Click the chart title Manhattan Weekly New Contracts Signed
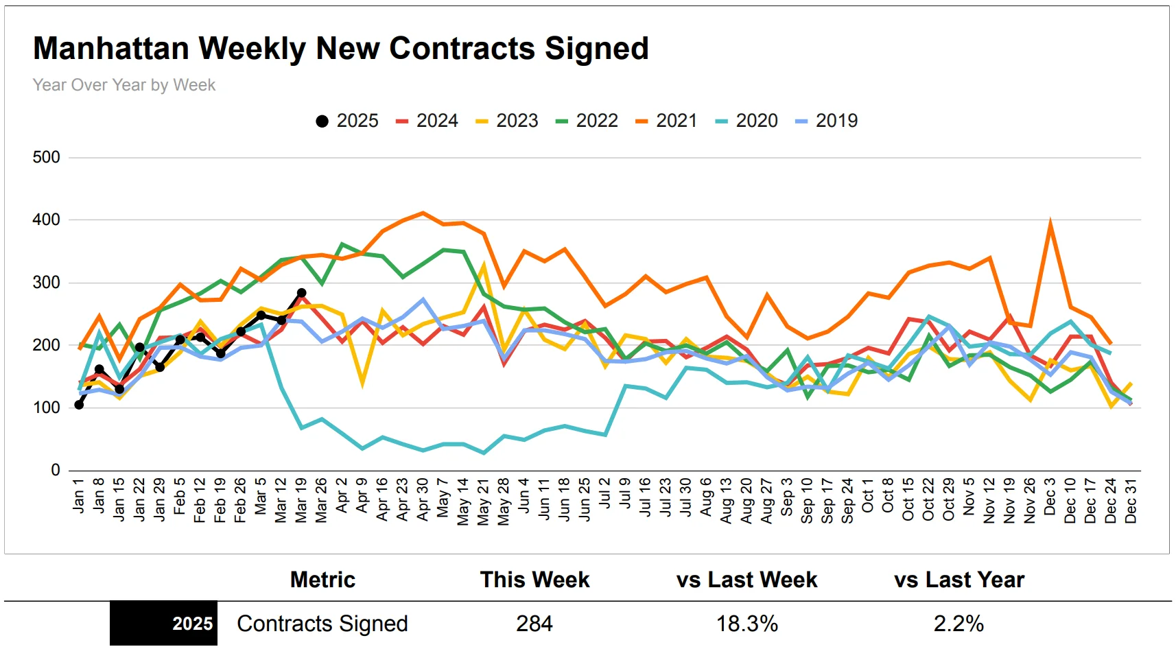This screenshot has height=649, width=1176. pos(340,49)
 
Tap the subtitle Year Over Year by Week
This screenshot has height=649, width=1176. pos(124,85)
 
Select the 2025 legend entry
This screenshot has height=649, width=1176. pos(347,121)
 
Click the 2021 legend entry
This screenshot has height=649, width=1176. pos(666,121)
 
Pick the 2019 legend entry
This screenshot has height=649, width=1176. pos(827,121)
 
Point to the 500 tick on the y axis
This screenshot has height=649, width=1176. pos(47,157)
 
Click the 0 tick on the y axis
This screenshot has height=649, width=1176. pos(56,470)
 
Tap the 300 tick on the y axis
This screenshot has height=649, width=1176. pos(47,282)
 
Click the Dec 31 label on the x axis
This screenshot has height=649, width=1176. pos(1131,501)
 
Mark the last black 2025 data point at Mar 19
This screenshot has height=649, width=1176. pos(301,293)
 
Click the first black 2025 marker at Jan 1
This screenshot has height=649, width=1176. pos(79,405)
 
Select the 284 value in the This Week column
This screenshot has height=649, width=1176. pos(534,624)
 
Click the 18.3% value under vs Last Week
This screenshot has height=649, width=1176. pos(747,624)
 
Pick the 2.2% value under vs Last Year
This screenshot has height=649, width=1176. pos(959,624)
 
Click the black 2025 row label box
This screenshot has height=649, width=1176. pos(163,624)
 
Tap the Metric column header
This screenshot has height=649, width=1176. pos(322,580)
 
